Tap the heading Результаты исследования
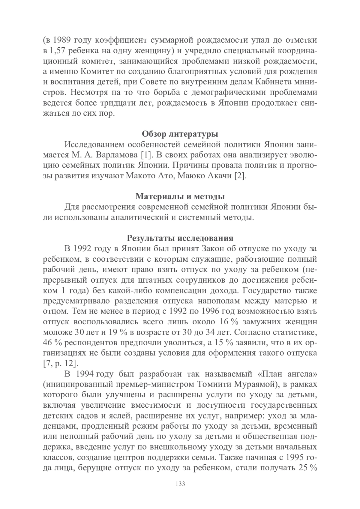click(x=180, y=238)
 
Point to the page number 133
click(x=180, y=484)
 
